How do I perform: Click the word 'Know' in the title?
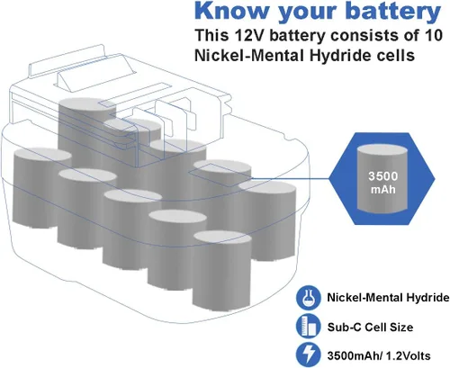pos(231,11)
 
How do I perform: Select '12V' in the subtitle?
pos(249,35)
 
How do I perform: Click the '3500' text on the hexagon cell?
pos(383,176)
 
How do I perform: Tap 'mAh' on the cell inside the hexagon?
pos(383,190)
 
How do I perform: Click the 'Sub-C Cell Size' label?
pos(370,327)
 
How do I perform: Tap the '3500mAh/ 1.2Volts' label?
pos(379,356)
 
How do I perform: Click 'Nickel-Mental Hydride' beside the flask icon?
pos(388,298)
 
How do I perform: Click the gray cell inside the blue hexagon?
pos(382,179)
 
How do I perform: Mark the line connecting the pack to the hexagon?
pos(290,179)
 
